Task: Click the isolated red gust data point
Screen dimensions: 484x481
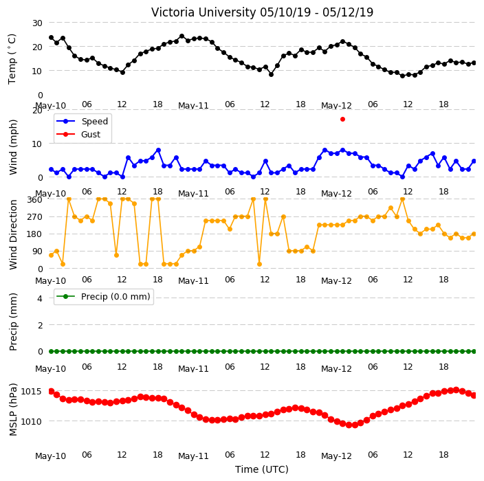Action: coord(342,119)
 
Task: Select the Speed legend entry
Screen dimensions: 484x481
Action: coord(82,121)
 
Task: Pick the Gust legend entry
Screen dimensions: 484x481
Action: coord(78,134)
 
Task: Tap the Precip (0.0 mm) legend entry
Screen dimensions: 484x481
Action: coord(104,296)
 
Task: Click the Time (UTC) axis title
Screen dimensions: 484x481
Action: coord(262,469)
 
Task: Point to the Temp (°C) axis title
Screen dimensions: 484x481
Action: coord(12,59)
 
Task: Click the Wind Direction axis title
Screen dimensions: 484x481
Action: coord(13,234)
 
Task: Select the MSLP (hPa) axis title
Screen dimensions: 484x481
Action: coord(13,410)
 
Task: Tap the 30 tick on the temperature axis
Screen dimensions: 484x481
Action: coord(37,23)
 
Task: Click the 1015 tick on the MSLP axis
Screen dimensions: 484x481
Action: coord(31,392)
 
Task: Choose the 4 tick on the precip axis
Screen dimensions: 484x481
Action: coord(40,298)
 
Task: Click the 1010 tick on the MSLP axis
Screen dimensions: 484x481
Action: coord(31,421)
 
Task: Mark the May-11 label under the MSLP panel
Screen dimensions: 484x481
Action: coord(194,456)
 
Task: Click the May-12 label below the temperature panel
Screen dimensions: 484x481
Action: coord(336,106)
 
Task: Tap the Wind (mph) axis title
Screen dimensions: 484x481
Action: coord(13,147)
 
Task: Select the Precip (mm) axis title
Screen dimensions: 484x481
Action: coord(13,322)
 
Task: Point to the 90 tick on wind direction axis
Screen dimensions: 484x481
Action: coord(37,251)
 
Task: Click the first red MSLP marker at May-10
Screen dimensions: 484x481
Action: coord(52,391)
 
